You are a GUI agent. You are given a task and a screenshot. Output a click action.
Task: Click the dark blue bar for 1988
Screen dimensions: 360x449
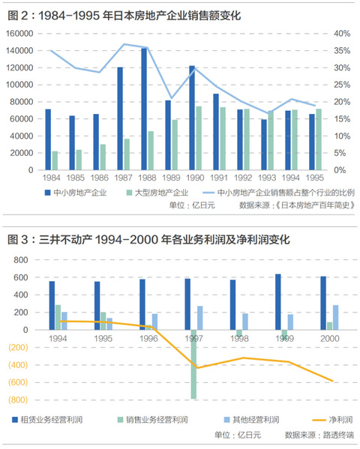point(144,109)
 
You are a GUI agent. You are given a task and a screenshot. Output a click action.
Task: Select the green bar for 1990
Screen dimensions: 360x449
point(199,138)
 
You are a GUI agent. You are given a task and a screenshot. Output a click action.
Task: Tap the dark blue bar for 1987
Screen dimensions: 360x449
point(120,118)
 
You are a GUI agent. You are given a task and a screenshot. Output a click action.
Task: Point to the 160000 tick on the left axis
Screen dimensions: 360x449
point(19,34)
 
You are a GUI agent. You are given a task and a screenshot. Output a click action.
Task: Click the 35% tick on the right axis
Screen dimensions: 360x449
point(342,51)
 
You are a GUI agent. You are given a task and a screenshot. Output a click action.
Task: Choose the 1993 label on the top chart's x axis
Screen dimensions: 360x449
point(267,178)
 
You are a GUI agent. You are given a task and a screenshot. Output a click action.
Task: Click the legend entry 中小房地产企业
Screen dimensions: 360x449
point(76,193)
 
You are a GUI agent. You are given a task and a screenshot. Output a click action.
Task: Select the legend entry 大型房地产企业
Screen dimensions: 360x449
point(157,193)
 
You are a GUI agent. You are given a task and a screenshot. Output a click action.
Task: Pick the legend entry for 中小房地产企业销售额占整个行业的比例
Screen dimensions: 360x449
point(279,193)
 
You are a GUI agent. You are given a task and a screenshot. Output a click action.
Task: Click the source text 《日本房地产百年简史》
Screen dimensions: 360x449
point(315,205)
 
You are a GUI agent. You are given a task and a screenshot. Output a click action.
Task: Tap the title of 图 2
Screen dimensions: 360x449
point(124,15)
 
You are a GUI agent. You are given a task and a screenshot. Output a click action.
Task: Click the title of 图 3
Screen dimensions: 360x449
point(148,239)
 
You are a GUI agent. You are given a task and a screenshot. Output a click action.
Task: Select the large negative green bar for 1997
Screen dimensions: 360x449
point(193,364)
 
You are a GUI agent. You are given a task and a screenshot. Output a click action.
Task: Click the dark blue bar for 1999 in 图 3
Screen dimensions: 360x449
point(278,302)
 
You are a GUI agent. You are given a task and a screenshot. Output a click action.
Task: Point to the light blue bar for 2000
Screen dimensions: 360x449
point(336,318)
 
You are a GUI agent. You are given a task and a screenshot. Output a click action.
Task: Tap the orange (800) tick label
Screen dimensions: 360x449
point(18,400)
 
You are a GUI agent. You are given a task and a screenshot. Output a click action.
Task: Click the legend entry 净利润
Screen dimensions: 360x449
point(332,420)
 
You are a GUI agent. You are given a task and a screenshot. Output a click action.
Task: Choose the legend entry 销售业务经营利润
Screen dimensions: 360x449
point(153,420)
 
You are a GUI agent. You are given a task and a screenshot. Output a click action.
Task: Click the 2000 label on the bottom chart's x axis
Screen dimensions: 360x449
point(330,339)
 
